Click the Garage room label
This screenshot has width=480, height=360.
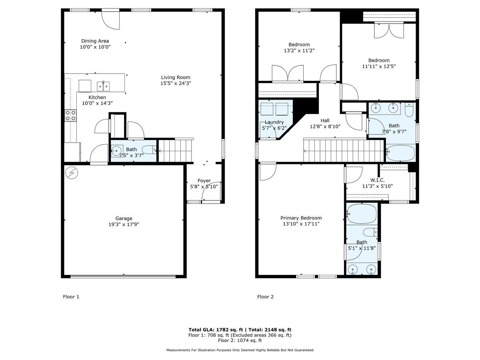point(124,218)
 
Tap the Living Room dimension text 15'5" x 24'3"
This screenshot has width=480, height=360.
point(176,83)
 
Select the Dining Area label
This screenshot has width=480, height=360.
point(95,41)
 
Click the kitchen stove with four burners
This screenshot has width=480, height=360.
point(70,116)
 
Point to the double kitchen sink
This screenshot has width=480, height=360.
point(103,86)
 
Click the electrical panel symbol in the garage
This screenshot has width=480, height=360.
point(72,173)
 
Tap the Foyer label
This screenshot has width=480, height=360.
point(204,180)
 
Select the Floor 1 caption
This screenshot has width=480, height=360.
point(71,297)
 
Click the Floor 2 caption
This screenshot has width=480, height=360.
point(265,297)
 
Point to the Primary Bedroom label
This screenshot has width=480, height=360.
point(301,218)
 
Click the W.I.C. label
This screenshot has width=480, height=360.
point(378,180)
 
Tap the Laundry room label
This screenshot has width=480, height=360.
point(274,122)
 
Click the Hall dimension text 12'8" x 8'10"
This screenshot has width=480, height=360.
point(325,126)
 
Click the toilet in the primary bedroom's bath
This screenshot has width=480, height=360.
point(370,232)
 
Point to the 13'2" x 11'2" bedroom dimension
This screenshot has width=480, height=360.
point(299,50)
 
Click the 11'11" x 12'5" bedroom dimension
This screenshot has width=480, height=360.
point(379,66)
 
